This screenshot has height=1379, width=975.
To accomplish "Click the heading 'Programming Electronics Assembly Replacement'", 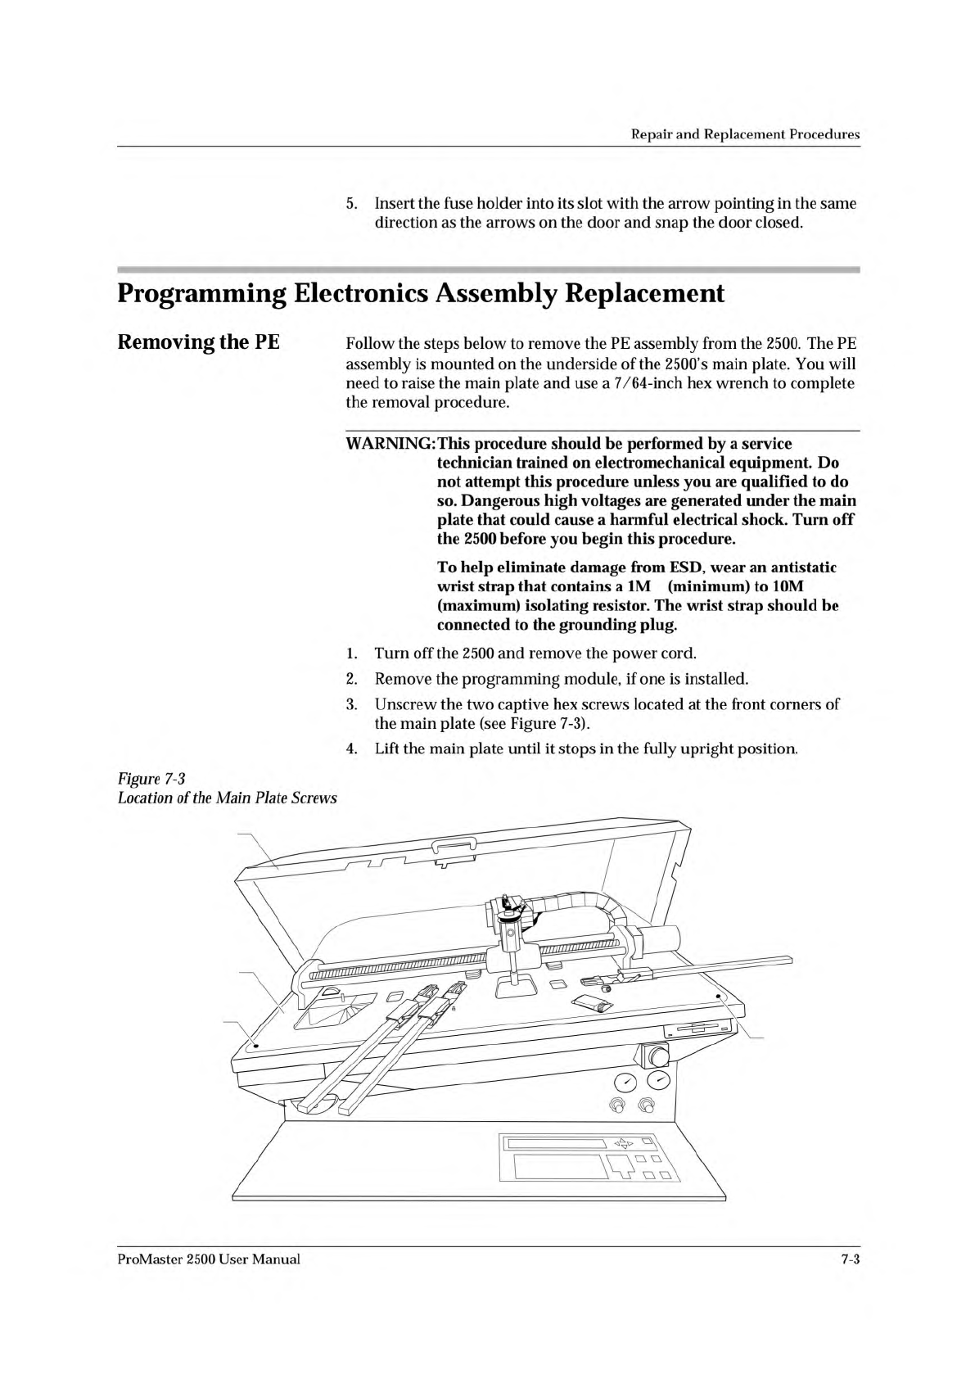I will (421, 293).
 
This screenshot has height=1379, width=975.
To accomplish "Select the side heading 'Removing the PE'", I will (199, 341).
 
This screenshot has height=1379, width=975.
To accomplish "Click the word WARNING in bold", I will (389, 444).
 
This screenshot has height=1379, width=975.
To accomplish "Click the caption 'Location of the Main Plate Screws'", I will (228, 797).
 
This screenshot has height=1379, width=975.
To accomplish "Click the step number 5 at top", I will (351, 203).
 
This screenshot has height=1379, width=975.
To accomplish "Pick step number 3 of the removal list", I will (351, 704).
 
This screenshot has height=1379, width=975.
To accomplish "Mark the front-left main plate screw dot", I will (255, 1046).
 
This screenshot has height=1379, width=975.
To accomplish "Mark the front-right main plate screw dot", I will (719, 997).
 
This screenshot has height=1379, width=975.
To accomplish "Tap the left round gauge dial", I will (625, 1083).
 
